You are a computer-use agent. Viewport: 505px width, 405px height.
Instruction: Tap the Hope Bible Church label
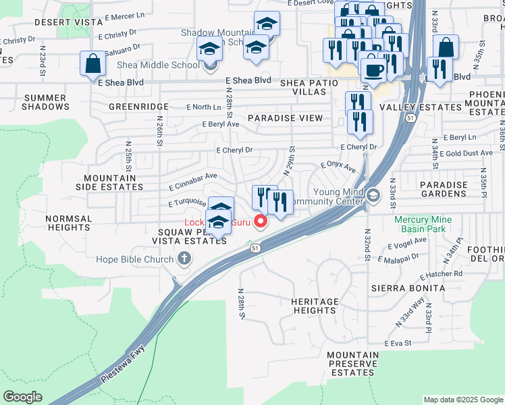(136, 259)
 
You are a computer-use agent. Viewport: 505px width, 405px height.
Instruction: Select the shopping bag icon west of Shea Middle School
(92, 65)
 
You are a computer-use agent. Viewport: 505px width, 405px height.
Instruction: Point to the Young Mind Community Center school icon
(373, 196)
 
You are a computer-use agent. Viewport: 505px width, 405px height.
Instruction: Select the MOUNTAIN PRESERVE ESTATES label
(353, 363)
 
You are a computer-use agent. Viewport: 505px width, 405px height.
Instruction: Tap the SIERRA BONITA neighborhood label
(408, 288)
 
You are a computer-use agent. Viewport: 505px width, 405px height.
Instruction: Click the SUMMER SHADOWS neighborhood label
(46, 102)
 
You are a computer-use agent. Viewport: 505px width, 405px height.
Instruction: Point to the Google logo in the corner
(23, 397)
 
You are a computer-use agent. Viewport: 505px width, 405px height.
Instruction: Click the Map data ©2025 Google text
(462, 400)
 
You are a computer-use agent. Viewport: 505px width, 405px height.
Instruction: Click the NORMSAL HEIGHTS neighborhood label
(69, 223)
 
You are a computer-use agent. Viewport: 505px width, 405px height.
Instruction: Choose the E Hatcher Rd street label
(441, 275)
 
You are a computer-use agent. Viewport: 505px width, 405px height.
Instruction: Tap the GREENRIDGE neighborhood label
(138, 107)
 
